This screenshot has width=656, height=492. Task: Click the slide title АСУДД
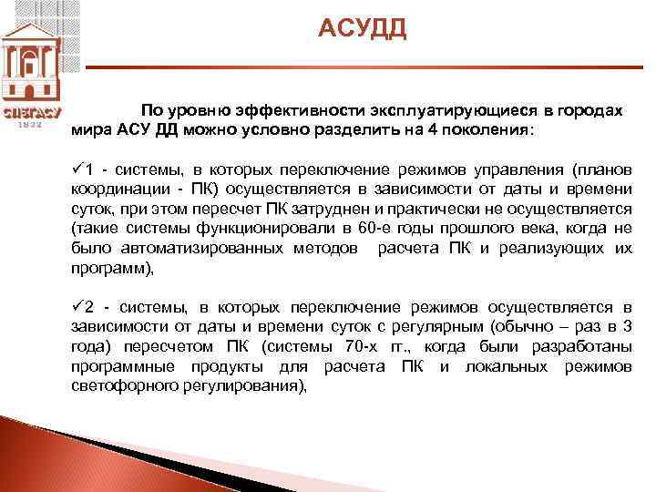point(363,29)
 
